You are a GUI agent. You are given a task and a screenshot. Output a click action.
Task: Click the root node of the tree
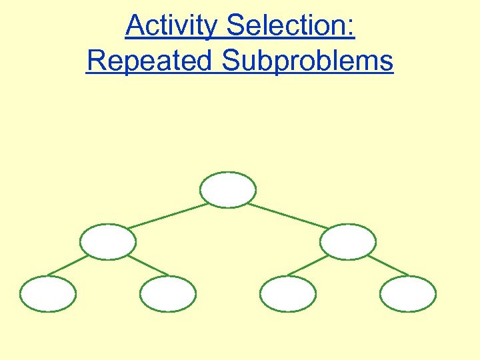point(228,189)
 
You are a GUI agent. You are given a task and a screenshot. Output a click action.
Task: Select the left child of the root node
point(108,241)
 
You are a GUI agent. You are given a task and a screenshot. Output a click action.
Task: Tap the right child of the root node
point(348,241)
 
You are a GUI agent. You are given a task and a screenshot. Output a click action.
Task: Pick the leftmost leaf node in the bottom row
point(48,294)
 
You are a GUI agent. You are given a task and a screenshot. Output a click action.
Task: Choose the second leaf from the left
point(168,294)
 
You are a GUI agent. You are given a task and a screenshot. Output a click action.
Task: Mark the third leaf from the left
point(287,294)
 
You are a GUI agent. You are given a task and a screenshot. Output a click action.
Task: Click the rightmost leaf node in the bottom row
point(408,294)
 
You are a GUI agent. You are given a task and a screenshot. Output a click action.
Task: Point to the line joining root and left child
point(168,216)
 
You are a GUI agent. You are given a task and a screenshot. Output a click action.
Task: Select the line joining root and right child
point(288,216)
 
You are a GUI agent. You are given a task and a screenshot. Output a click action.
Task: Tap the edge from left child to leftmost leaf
point(68,265)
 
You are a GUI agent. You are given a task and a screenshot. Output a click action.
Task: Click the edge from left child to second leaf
point(147,265)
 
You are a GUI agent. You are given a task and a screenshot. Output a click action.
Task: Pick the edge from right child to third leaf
point(308,265)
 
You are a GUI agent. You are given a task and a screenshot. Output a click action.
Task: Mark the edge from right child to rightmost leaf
point(388,265)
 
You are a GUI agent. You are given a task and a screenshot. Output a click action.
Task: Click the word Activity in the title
point(171,27)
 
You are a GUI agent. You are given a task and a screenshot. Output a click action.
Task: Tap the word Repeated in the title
point(151,61)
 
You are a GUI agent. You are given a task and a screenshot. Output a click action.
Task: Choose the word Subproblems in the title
point(308,61)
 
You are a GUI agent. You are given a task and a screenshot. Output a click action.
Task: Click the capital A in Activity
point(134,27)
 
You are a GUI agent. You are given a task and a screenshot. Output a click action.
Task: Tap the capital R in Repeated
point(96,61)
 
